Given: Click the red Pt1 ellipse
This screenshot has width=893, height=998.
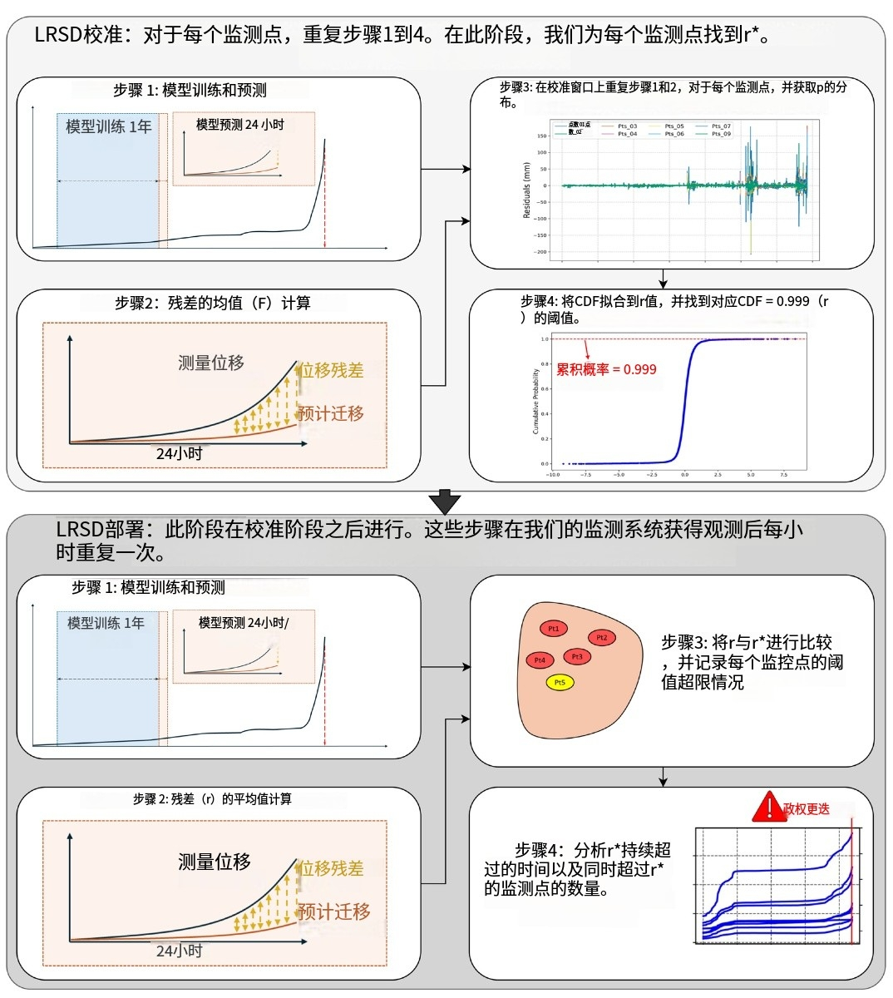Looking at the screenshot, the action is coord(554,629).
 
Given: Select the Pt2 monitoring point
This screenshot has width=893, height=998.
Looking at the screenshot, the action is coord(601,638).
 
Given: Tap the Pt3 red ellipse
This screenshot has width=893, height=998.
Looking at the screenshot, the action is coord(576,656).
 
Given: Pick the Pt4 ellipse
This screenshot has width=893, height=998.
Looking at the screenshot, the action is coord(540,660).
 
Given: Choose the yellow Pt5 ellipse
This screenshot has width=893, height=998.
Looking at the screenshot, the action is coord(560,683).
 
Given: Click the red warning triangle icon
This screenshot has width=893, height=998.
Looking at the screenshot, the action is coord(768,807).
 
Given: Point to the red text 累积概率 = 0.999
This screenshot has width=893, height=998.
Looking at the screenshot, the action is coord(606,369).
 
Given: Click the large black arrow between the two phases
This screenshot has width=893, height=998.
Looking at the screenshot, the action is coord(446,502).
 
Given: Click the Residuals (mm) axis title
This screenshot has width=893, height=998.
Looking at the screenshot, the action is coord(526,191).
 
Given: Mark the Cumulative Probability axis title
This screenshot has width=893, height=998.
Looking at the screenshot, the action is coord(535,402).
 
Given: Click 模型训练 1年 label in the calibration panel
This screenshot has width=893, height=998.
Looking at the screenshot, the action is coord(109,126).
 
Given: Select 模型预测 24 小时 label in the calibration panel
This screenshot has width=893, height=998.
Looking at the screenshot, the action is coord(239,125).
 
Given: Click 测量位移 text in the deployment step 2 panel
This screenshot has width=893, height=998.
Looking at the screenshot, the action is coord(214,862).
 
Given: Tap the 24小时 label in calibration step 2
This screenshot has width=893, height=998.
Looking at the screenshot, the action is coord(179,453).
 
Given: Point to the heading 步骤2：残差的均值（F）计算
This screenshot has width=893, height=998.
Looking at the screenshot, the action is coord(213,303).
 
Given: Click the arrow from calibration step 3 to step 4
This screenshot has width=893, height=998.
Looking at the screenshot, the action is coord(663,278).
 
